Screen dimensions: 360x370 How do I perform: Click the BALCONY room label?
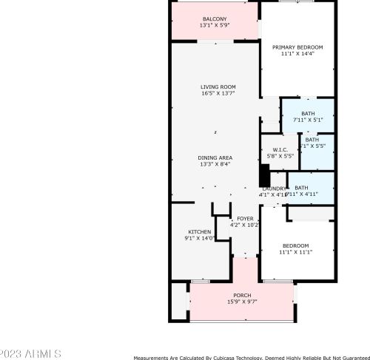click(x=215, y=18)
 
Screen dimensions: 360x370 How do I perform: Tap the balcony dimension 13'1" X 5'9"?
click(x=215, y=25)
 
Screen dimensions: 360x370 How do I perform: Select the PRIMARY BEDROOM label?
click(x=297, y=47)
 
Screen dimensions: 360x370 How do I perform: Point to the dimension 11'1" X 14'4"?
click(x=297, y=54)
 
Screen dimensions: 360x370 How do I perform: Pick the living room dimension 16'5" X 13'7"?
click(x=215, y=94)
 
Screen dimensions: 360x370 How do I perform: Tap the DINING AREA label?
click(x=215, y=158)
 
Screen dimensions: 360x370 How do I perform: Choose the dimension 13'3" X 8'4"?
click(x=215, y=165)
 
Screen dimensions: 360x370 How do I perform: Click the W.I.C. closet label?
click(x=280, y=150)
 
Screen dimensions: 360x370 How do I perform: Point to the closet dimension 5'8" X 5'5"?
click(x=280, y=157)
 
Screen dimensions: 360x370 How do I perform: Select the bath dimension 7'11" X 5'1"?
click(x=308, y=120)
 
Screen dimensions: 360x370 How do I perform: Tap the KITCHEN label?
click(x=199, y=231)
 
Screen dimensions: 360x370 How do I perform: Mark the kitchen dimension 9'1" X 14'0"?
click(x=199, y=238)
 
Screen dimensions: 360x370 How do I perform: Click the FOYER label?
click(x=244, y=218)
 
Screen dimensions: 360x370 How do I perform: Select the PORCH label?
click(x=242, y=295)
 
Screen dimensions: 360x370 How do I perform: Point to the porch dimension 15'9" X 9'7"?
click(x=242, y=302)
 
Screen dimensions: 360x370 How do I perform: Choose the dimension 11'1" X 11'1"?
click(x=295, y=252)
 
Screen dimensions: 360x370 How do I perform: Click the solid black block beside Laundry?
click(x=263, y=175)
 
